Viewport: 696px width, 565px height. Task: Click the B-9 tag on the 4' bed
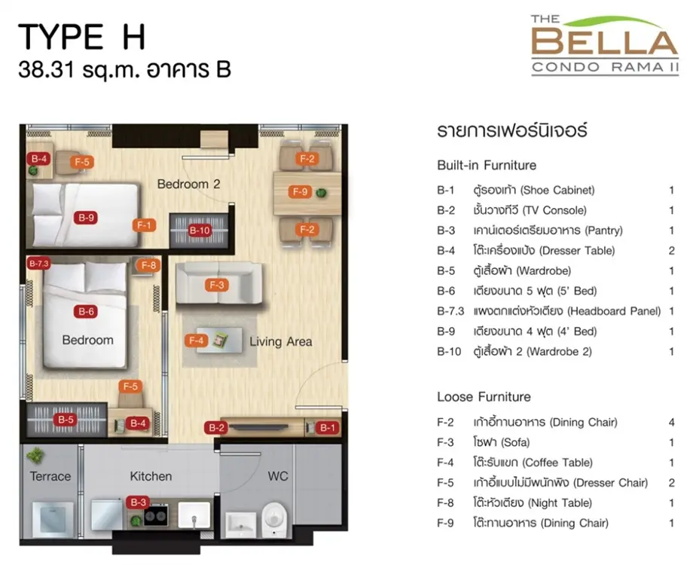[x=86, y=218]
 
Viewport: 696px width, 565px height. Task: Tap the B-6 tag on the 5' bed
[x=86, y=312]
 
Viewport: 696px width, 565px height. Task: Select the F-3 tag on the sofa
[x=217, y=285]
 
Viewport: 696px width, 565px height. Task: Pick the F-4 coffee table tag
[x=196, y=341]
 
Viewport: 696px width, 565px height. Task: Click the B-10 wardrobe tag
[x=200, y=231]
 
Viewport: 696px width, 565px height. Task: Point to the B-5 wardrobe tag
[x=66, y=420]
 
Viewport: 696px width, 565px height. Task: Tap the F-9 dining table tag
[x=300, y=192]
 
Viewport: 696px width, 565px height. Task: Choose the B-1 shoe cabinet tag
[x=328, y=428]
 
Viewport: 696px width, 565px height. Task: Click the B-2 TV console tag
[x=217, y=428]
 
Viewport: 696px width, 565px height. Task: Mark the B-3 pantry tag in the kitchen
[x=138, y=502]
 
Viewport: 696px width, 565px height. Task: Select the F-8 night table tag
[x=148, y=265]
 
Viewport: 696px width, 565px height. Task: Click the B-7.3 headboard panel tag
[x=38, y=264]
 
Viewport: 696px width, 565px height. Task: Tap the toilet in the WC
[x=274, y=519]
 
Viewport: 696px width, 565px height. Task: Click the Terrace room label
[x=50, y=476]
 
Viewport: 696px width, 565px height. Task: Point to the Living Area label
[x=280, y=341]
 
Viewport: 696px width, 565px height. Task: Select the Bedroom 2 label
[x=188, y=184]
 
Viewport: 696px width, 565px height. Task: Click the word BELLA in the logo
[x=605, y=41]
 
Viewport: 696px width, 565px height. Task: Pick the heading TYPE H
[x=82, y=37]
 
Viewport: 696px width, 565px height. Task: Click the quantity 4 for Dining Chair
[x=672, y=422]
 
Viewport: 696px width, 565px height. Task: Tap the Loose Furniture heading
[x=484, y=396]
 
